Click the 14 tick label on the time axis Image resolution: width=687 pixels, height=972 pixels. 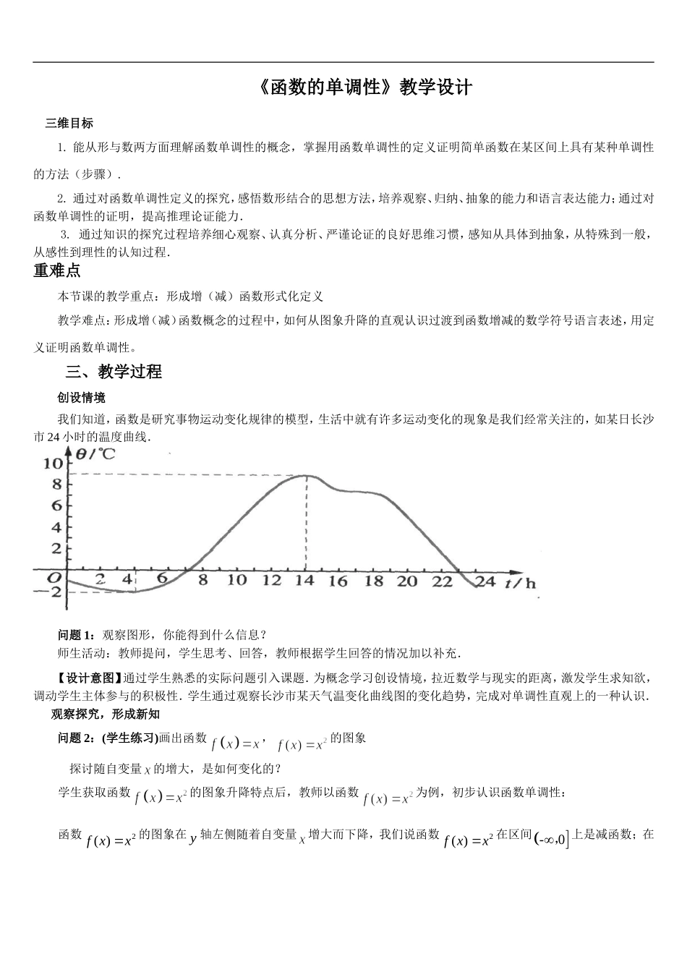pyautogui.click(x=305, y=580)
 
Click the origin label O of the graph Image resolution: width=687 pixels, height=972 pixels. pyautogui.click(x=53, y=578)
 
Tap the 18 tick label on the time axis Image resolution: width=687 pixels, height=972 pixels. pyautogui.click(x=374, y=581)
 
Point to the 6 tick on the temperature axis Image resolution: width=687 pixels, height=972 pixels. pyautogui.click(x=56, y=505)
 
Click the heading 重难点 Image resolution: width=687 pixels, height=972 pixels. pyautogui.click(x=57, y=271)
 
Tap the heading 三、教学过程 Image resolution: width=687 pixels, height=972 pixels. pyautogui.click(x=114, y=372)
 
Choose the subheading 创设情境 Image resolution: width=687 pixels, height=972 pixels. pyautogui.click(x=81, y=397)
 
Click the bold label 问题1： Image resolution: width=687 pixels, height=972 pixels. pyautogui.click(x=76, y=635)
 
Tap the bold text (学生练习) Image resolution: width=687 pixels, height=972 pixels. pyautogui.click(x=129, y=738)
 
